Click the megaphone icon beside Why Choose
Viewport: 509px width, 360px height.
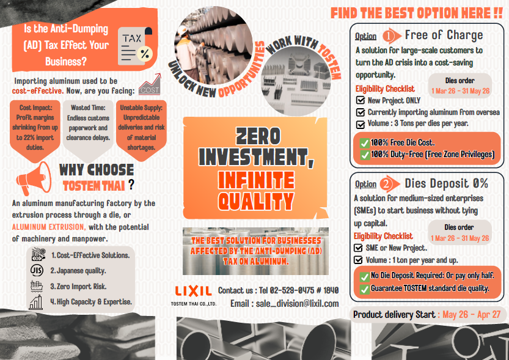(x=34, y=178)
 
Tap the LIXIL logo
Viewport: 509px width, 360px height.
(x=194, y=291)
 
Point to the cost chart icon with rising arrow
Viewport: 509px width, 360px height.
(x=150, y=84)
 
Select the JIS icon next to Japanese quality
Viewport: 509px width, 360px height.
(x=37, y=270)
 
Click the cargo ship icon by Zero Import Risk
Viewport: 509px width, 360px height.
(x=37, y=286)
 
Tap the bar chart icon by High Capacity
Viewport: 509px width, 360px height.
(x=36, y=302)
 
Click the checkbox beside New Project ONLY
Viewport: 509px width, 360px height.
(x=361, y=100)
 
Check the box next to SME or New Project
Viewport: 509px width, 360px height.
(x=358, y=248)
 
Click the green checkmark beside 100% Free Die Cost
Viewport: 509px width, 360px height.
(x=365, y=143)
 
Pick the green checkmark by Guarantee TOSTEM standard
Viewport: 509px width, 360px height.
(x=365, y=288)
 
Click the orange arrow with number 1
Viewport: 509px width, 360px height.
(x=392, y=35)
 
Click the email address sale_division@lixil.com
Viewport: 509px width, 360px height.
(x=297, y=304)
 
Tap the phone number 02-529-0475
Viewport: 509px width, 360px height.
(x=290, y=290)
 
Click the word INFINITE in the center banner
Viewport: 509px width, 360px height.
(x=256, y=180)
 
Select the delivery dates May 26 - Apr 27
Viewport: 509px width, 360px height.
(x=471, y=315)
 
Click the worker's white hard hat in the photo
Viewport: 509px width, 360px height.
(x=182, y=30)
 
